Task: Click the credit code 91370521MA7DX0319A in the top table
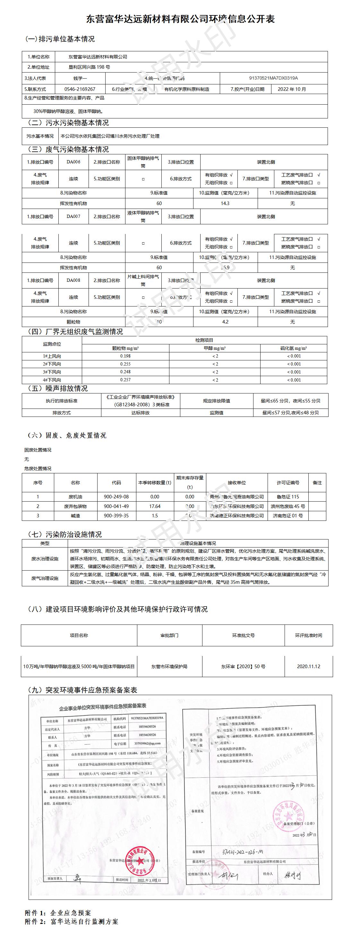(273, 78)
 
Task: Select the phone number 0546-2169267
(80, 89)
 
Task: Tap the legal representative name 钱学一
(80, 78)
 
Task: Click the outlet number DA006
(73, 162)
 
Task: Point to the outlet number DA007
(73, 217)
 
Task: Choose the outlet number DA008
(73, 280)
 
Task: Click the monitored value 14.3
(225, 203)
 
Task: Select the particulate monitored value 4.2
(225, 322)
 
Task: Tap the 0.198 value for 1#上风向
(125, 356)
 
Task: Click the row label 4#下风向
(52, 380)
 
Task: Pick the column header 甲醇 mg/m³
(215, 348)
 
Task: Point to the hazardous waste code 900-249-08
(116, 497)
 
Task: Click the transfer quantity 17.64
(155, 506)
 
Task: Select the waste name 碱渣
(75, 516)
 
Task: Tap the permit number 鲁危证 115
(288, 497)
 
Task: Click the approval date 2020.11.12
(309, 666)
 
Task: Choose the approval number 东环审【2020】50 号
(243, 666)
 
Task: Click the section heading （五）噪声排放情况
(57, 389)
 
